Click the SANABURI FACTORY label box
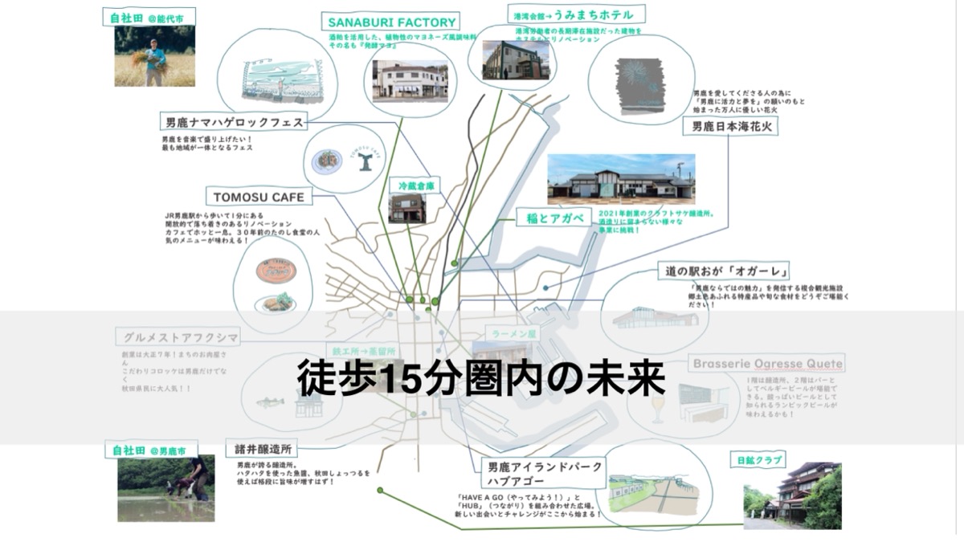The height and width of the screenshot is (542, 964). (391, 22)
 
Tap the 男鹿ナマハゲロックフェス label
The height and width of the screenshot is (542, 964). (233, 123)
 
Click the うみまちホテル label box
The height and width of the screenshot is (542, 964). (572, 14)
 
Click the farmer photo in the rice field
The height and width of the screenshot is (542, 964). (154, 56)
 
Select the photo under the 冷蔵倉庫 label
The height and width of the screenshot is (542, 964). (406, 208)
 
